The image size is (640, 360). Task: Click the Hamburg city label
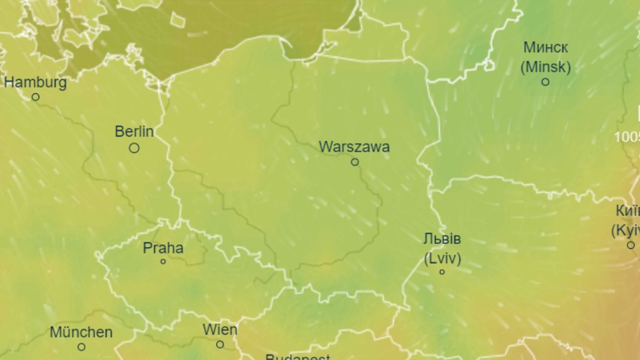[x=35, y=83]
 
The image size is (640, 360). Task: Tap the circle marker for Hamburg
[x=35, y=97]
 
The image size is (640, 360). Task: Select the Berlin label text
[x=134, y=131]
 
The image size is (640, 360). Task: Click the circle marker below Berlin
[x=134, y=148]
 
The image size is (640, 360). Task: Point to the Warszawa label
[x=354, y=147]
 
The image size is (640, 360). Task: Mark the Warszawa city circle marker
[x=355, y=162]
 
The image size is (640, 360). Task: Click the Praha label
[x=163, y=248]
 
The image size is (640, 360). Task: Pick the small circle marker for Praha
[x=163, y=262]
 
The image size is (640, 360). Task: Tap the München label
[x=81, y=332]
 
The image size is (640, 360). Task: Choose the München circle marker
[x=81, y=347]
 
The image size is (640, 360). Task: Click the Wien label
[x=220, y=329]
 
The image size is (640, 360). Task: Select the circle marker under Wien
[x=220, y=344]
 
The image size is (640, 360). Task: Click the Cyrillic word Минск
[x=545, y=47]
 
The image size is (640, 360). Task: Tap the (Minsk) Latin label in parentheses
[x=545, y=67]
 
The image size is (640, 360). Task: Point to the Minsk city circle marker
[x=545, y=82]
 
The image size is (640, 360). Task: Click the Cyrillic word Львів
[x=442, y=239]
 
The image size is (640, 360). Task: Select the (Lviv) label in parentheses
[x=442, y=258]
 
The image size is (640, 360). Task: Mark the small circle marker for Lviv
[x=442, y=272]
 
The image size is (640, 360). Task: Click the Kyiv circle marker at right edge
[x=631, y=245]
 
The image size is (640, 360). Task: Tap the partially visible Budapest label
[x=297, y=356]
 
